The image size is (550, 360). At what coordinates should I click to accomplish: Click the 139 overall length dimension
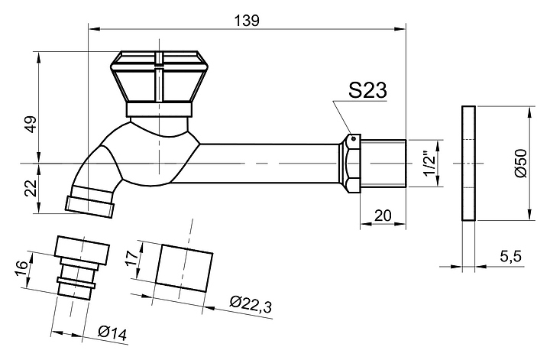pyautogui.click(x=247, y=21)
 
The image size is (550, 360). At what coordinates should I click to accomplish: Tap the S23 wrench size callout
pyautogui.click(x=367, y=90)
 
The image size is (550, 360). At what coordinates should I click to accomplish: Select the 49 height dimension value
pyautogui.click(x=31, y=124)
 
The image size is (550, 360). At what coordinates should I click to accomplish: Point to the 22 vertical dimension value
pyautogui.click(x=32, y=188)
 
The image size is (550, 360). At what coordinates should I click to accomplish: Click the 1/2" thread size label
pyautogui.click(x=429, y=164)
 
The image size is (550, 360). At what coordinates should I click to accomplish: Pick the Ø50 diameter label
pyautogui.click(x=521, y=163)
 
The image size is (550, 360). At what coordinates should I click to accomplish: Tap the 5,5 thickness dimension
pyautogui.click(x=511, y=257)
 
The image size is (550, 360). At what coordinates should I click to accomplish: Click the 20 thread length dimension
pyautogui.click(x=383, y=216)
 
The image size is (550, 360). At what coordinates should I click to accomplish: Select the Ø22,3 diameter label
pyautogui.click(x=251, y=304)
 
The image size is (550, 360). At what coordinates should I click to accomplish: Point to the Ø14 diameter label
pyautogui.click(x=112, y=332)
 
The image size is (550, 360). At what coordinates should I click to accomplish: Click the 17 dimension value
pyautogui.click(x=133, y=259)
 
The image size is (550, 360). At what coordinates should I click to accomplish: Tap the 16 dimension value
pyautogui.click(x=21, y=270)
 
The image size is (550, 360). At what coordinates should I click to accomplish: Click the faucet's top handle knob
pyautogui.click(x=160, y=83)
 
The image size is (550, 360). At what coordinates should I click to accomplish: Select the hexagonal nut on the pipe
pyautogui.click(x=349, y=164)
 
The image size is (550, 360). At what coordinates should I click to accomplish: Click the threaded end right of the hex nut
pyautogui.click(x=383, y=164)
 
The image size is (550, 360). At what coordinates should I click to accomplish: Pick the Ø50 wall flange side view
pyautogui.click(x=468, y=163)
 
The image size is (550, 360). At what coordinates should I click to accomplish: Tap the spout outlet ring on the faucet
pyautogui.click(x=89, y=206)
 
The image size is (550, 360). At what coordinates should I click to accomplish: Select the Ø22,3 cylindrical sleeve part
pyautogui.click(x=184, y=268)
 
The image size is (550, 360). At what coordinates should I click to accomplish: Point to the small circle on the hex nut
pyautogui.click(x=354, y=138)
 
